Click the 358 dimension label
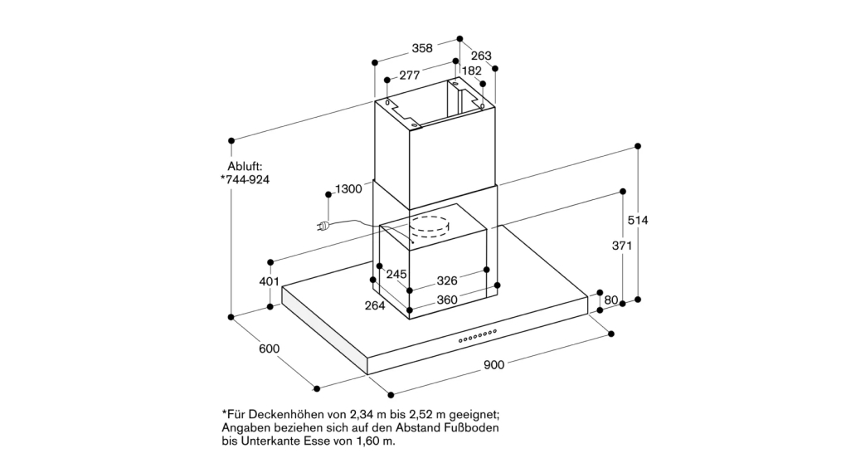point(422,48)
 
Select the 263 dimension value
point(481,56)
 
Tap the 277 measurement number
point(410,75)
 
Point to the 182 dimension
point(472,71)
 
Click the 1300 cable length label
point(348,189)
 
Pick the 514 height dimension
point(638,220)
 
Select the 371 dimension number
point(621,246)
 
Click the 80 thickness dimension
point(610,300)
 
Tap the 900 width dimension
point(494,365)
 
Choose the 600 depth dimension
point(270,349)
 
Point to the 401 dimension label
point(270,281)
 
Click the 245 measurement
point(396,275)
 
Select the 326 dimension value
point(447,280)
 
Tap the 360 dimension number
point(447,300)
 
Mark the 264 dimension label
point(375,305)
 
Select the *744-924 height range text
point(245,180)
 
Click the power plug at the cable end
point(323,227)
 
